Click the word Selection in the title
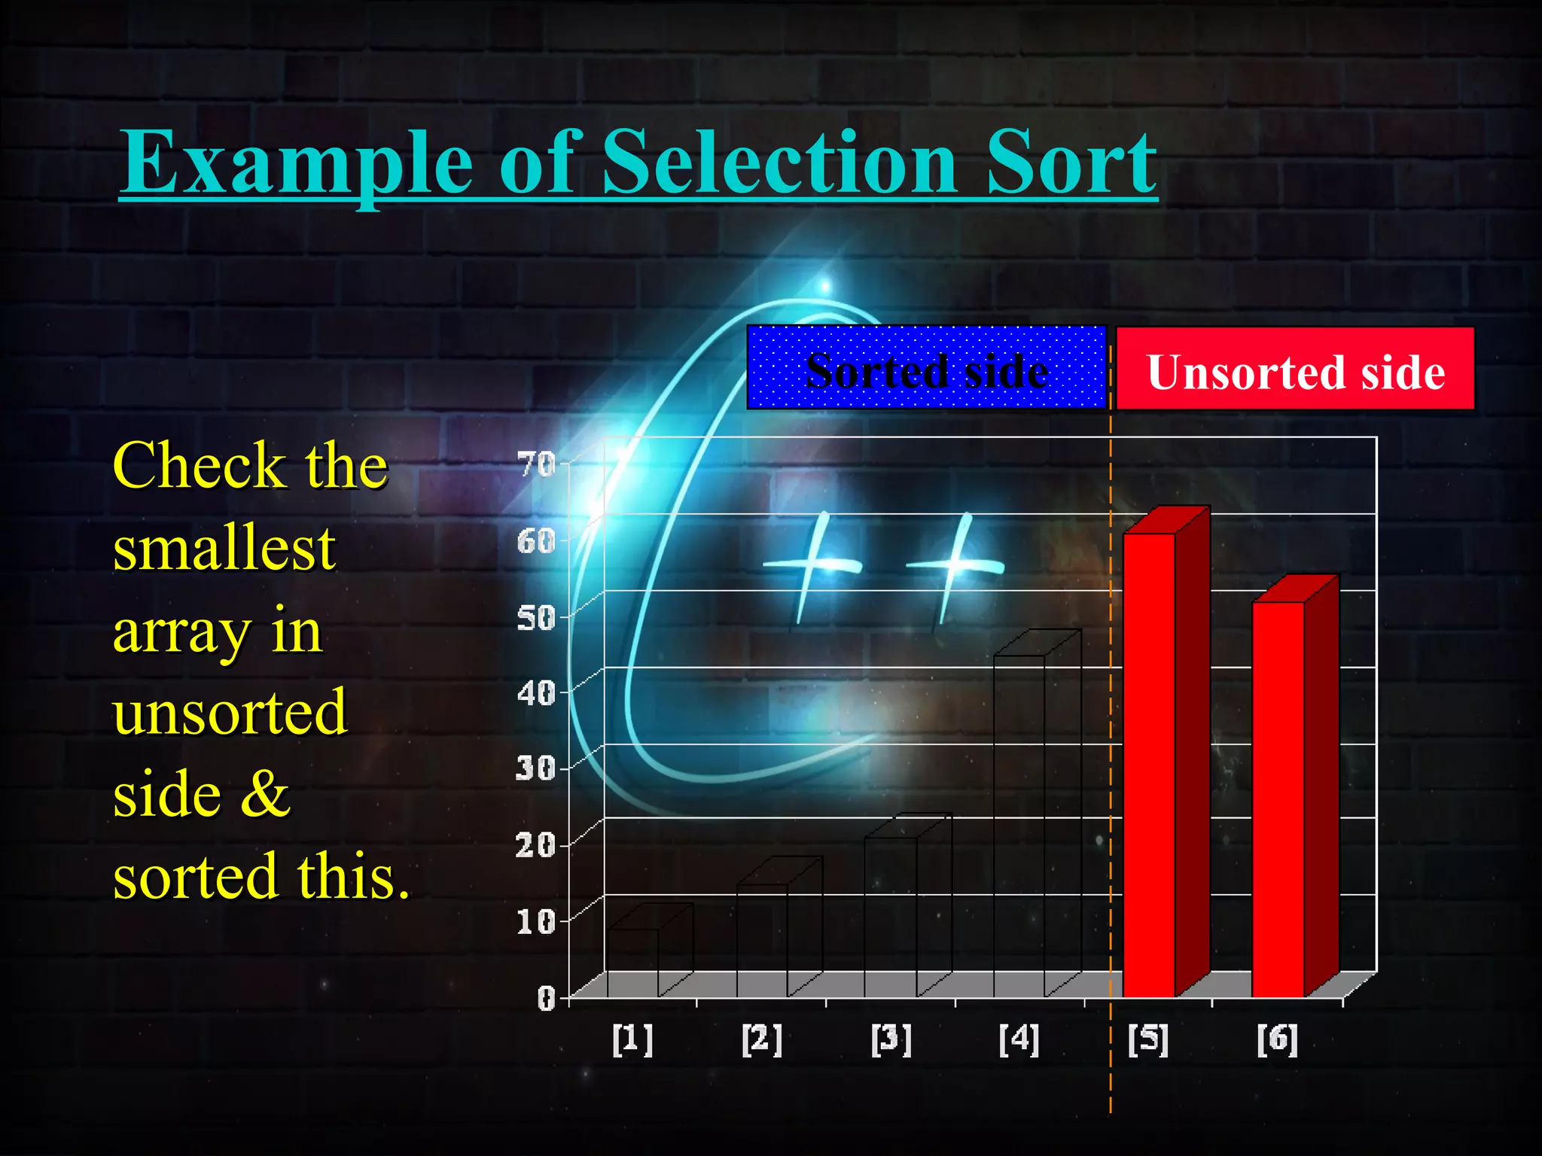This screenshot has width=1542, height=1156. pyautogui.click(x=780, y=162)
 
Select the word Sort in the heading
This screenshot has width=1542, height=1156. pyautogui.click(x=1071, y=162)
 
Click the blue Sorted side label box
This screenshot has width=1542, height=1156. pyautogui.click(x=926, y=368)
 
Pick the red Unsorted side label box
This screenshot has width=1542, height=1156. pyautogui.click(x=1294, y=370)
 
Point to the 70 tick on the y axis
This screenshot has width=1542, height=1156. pyautogui.click(x=536, y=465)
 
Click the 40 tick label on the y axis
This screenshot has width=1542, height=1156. pyautogui.click(x=536, y=693)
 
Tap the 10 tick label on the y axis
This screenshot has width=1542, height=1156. pyautogui.click(x=536, y=921)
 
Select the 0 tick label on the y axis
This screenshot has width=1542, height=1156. pyautogui.click(x=546, y=998)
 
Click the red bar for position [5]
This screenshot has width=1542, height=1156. pyautogui.click(x=1149, y=764)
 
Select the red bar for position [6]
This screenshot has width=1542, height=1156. pyautogui.click(x=1278, y=798)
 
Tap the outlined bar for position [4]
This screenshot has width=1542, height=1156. pyautogui.click(x=1019, y=824)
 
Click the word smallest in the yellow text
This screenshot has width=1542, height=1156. pyautogui.click(x=224, y=549)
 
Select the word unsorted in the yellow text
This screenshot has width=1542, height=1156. pyautogui.click(x=230, y=712)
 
